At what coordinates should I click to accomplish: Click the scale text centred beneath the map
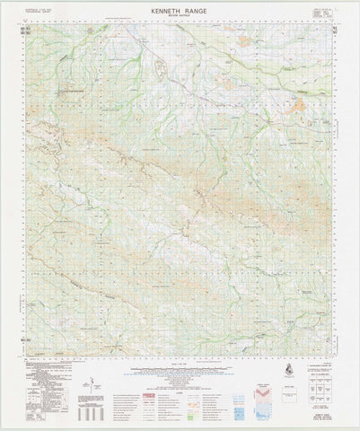(x=180, y=358)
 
